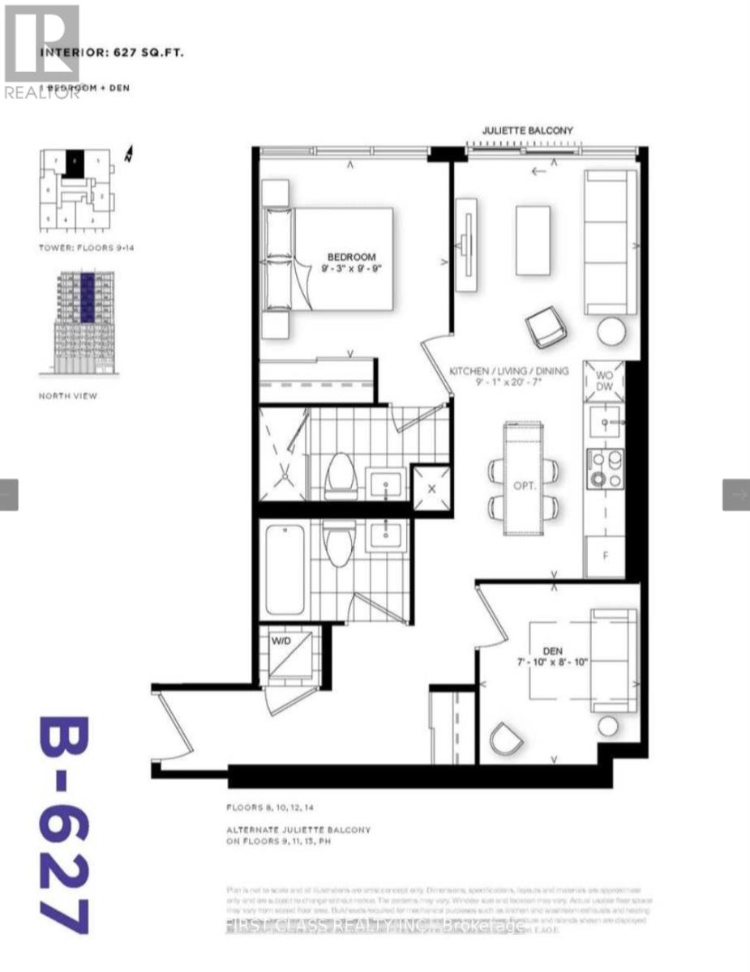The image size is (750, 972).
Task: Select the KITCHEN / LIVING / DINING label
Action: (x=509, y=371)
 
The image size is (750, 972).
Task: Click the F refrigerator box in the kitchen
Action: (x=604, y=556)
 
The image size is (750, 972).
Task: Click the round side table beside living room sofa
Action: (x=612, y=331)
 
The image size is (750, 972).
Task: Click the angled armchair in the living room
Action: (x=543, y=327)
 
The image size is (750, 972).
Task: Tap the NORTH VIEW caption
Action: (x=69, y=396)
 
